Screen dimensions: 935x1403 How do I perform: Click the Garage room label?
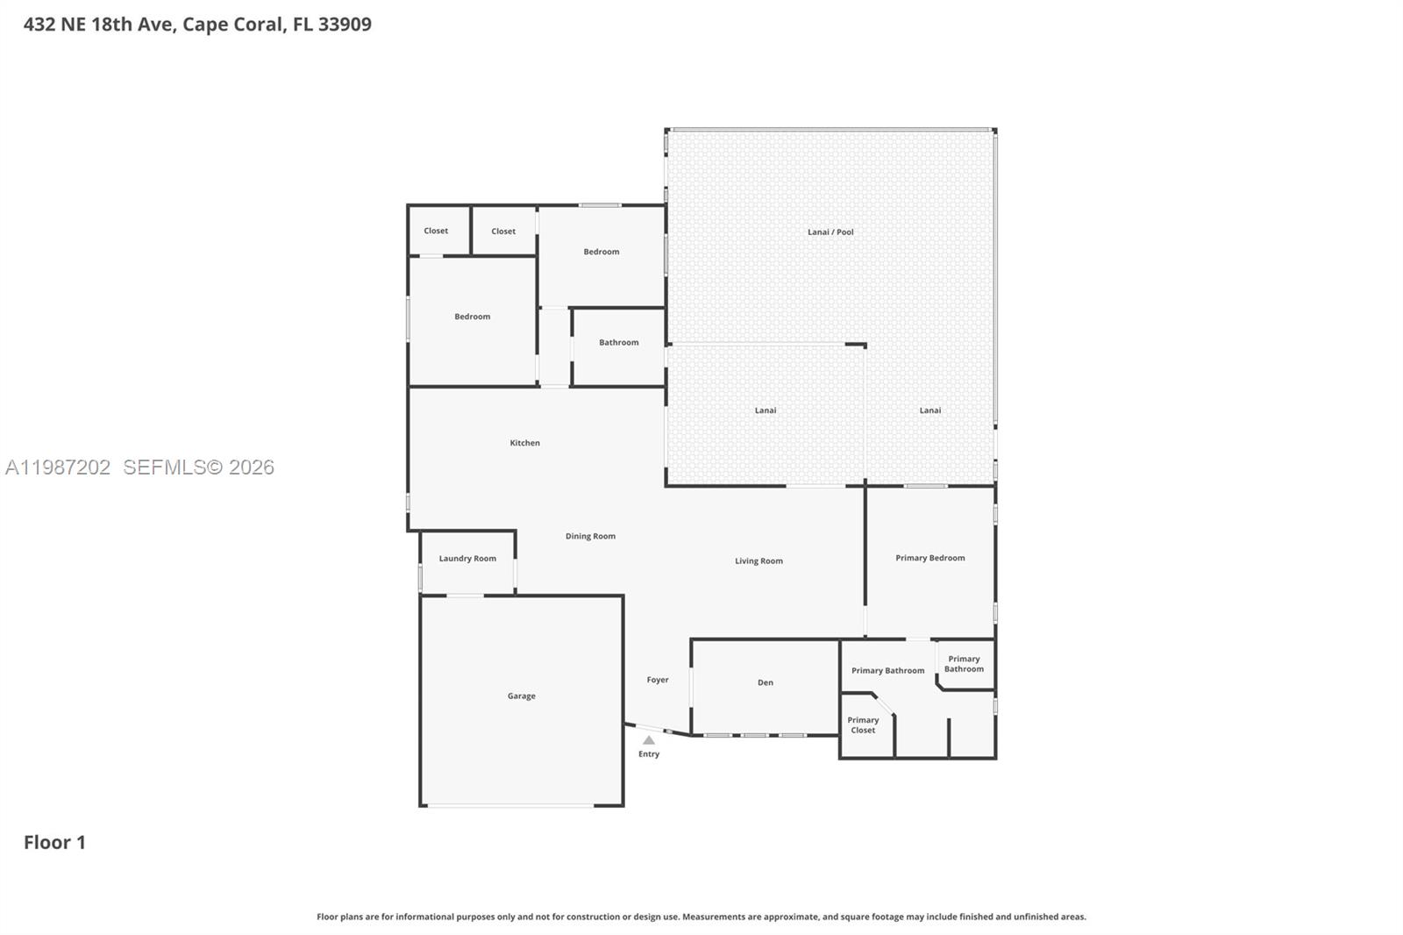(521, 696)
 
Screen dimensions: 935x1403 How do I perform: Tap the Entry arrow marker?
(649, 740)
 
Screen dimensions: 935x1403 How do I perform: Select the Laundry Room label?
(467, 559)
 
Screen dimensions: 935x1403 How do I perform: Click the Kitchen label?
(524, 443)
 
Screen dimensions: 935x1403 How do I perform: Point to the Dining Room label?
(590, 536)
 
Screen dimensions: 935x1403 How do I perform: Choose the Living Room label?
(758, 561)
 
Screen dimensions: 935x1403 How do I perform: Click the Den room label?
(765, 682)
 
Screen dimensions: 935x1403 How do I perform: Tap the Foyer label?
(658, 680)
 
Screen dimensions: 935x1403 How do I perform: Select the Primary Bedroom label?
(929, 558)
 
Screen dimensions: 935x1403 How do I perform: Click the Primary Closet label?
(863, 725)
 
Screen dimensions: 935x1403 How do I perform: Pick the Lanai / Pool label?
(830, 232)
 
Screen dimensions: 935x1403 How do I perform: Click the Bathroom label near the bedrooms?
(618, 343)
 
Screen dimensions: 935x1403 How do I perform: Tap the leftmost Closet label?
(436, 232)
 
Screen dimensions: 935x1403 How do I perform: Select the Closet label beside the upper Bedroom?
(503, 232)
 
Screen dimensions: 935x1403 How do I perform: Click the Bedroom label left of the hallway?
(472, 317)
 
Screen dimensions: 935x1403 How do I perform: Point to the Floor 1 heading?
(54, 842)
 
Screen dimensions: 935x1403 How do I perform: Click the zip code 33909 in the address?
(345, 25)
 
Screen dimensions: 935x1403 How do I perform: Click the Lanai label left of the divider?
(765, 410)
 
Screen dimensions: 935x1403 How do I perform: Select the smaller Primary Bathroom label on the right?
(964, 664)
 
